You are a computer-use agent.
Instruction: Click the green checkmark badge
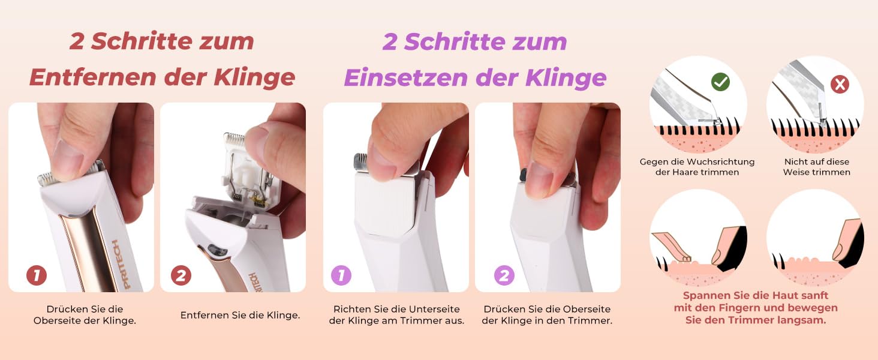(720, 82)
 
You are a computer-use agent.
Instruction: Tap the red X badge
(840, 85)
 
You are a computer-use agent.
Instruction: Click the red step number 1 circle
(37, 275)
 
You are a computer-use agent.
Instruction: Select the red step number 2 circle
(181, 275)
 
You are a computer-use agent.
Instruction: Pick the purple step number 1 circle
(341, 275)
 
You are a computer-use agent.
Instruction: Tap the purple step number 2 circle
(504, 275)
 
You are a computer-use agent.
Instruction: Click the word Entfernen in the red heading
(93, 77)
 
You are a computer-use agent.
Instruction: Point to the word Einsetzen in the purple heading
(406, 77)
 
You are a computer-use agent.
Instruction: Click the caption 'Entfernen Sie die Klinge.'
(240, 315)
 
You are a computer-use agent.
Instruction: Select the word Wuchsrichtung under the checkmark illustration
(720, 161)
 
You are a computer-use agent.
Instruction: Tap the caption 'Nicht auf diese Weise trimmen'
(816, 167)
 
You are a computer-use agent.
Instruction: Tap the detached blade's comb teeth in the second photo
(234, 137)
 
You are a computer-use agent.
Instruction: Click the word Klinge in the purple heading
(566, 77)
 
